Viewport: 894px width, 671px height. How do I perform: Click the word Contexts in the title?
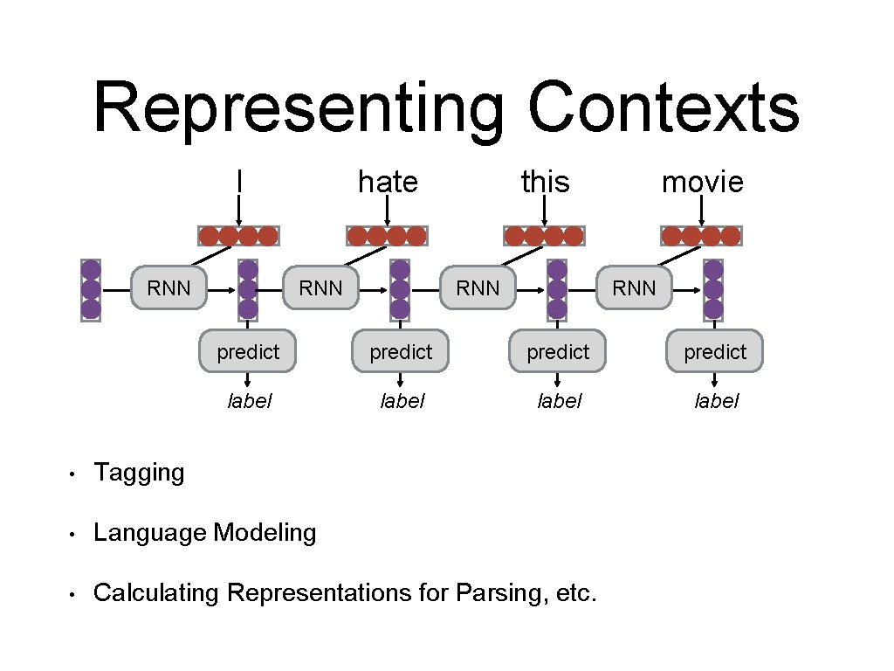[x=663, y=108]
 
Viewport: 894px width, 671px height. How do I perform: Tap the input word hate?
[x=388, y=182]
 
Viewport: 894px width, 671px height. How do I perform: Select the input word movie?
[x=703, y=182]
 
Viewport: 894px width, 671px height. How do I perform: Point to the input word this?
[x=545, y=182]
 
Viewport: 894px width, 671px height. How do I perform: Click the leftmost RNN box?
[x=169, y=287]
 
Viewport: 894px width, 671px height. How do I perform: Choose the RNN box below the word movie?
[x=634, y=287]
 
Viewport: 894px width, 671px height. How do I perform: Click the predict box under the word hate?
[x=401, y=351]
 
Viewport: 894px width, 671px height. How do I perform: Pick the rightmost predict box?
[x=715, y=351]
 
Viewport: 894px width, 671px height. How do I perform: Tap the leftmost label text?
[x=249, y=401]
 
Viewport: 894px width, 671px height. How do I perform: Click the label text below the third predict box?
[x=559, y=401]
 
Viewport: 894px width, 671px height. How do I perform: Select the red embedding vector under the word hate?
[x=386, y=236]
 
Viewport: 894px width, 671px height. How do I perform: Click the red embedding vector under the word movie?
[x=701, y=236]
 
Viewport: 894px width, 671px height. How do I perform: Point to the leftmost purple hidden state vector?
[x=91, y=290]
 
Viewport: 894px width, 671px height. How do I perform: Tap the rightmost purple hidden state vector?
[x=713, y=289]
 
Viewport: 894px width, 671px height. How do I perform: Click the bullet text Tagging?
[x=139, y=473]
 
